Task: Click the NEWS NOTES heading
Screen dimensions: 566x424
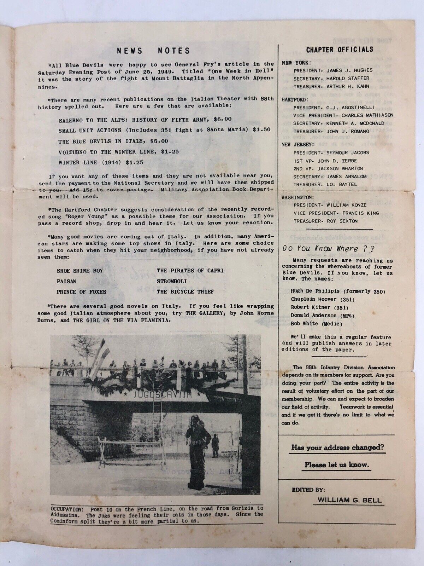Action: (154, 51)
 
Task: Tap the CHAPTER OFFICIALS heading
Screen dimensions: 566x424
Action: (340, 50)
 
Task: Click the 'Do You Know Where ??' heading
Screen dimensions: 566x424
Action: (328, 248)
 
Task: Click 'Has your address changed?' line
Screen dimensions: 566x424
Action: (337, 447)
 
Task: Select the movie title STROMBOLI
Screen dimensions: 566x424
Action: (171, 281)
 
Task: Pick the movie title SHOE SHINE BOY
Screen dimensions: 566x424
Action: (80, 271)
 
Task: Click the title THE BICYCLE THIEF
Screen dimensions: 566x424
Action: (185, 292)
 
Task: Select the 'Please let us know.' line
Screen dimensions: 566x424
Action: (337, 465)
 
